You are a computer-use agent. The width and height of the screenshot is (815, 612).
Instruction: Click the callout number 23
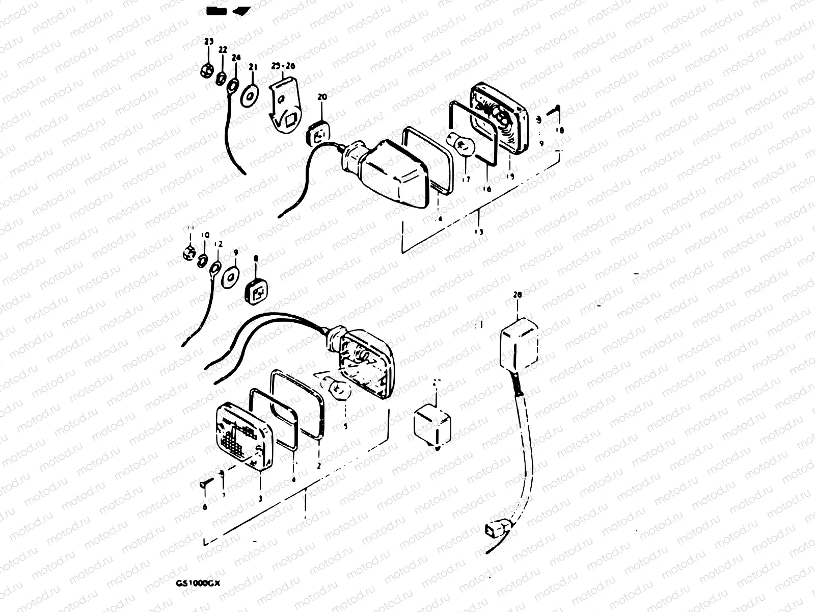pos(209,41)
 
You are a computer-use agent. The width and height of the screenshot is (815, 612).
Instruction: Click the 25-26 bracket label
pos(283,66)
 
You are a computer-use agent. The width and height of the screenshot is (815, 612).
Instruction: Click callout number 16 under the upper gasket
pos(487,189)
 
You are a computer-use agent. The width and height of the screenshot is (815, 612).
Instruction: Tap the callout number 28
pos(518,295)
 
